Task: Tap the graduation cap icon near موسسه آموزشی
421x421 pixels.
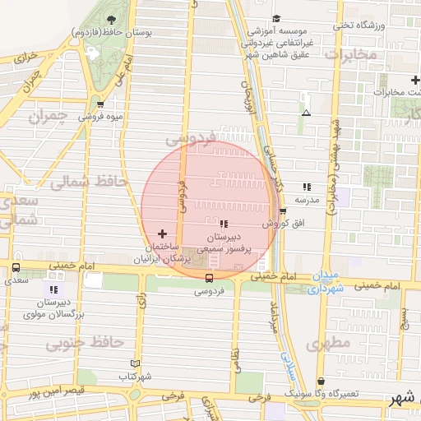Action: coord(275,18)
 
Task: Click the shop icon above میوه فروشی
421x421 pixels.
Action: coord(100,104)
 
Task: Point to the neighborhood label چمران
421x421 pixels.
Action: coord(46,117)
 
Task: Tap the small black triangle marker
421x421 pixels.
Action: coord(306,113)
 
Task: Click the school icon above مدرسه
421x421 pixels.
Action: coord(307,187)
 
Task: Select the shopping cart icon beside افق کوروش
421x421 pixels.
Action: coord(283,211)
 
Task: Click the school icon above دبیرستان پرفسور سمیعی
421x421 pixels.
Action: coord(224,223)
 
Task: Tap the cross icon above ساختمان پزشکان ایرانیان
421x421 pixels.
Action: coord(162,234)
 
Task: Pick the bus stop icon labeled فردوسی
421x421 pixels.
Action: coord(207,278)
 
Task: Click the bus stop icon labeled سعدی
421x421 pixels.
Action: coord(16,267)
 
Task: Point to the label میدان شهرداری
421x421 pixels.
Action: coord(326,283)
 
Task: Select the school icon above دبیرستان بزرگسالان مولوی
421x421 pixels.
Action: coord(53,289)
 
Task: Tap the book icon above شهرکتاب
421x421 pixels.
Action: coord(136,363)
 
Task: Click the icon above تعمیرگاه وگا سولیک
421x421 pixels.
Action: coord(321,381)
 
